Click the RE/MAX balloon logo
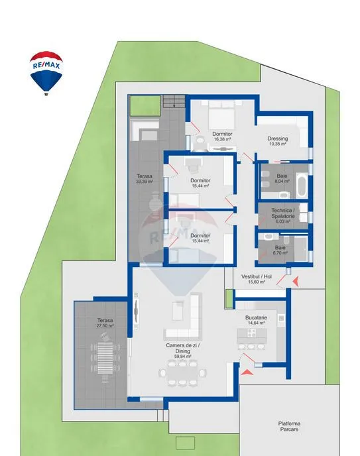(46, 74)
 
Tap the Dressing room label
(278, 139)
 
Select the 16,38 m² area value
(223, 139)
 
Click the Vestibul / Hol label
(257, 276)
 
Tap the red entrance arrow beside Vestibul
(296, 281)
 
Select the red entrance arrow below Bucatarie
(247, 371)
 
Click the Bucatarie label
(256, 317)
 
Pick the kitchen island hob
(252, 333)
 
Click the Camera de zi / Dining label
(183, 348)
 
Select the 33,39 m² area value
(145, 182)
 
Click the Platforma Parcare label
(289, 426)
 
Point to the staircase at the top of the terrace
(174, 101)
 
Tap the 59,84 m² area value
(183, 357)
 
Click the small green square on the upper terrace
(145, 105)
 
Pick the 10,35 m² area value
(278, 144)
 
